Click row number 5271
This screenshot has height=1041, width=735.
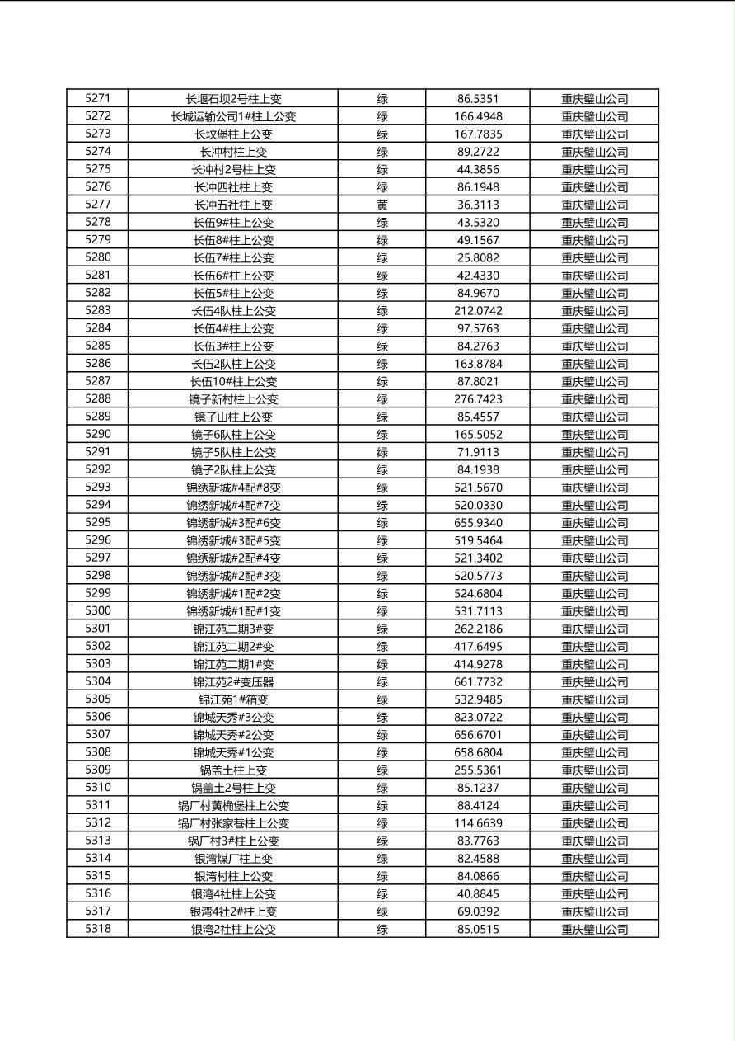[97, 98]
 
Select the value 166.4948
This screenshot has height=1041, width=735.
[478, 116]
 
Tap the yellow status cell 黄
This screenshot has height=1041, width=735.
[382, 205]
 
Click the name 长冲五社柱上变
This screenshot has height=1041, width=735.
[233, 205]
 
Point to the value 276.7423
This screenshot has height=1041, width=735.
[478, 399]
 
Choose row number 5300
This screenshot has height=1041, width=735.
[97, 611]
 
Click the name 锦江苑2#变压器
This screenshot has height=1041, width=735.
[233, 682]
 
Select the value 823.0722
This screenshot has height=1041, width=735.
[478, 718]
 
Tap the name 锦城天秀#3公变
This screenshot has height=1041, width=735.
[233, 718]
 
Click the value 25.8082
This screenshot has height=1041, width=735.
[478, 257]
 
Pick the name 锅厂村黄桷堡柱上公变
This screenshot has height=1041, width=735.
[233, 806]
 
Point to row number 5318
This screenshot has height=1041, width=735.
[97, 929]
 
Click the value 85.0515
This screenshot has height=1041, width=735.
[478, 930]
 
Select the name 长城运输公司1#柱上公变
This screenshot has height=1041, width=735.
[233, 116]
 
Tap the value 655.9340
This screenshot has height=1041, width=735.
[478, 523]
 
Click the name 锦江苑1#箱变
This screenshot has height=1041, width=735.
[233, 699]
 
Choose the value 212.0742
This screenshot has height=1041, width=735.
[478, 311]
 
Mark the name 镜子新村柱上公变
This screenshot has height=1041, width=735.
[233, 399]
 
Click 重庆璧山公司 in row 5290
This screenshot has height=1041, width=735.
[594, 435]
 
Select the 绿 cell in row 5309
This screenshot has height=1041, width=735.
[382, 770]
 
